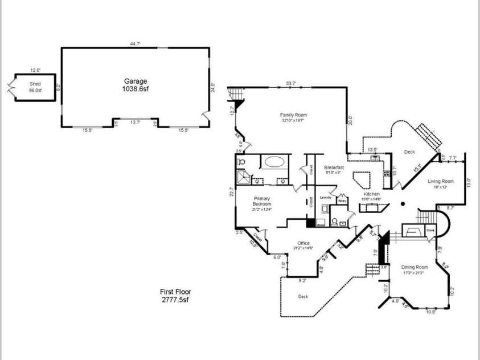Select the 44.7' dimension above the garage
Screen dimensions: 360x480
click(x=135, y=43)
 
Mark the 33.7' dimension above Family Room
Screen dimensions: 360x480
click(x=290, y=84)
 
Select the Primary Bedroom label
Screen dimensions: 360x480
click(x=261, y=204)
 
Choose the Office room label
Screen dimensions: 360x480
click(x=303, y=245)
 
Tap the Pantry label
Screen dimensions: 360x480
click(x=342, y=201)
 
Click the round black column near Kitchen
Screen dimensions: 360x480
click(x=402, y=203)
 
